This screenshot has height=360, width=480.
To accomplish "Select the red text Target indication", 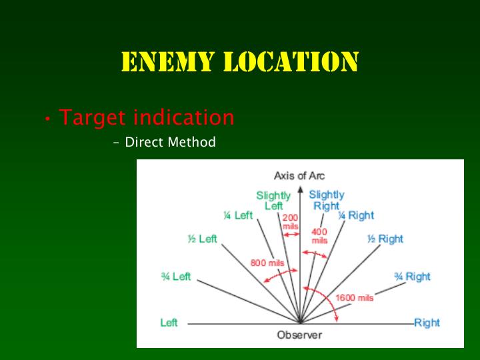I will click(x=147, y=117).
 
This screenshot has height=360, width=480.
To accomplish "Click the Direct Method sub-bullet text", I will click(x=170, y=142).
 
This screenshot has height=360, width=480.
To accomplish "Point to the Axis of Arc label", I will click(x=299, y=176).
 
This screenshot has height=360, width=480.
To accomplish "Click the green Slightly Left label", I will click(x=273, y=201).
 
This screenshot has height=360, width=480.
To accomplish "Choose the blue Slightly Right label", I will click(x=327, y=200).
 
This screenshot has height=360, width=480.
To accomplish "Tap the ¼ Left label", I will click(x=238, y=215).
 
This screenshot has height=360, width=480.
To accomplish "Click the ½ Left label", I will click(x=203, y=239).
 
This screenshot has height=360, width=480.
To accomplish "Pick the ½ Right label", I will click(x=385, y=239).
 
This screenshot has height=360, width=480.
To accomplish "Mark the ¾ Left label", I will click(x=176, y=277).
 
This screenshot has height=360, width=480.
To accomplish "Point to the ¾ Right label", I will click(x=412, y=277).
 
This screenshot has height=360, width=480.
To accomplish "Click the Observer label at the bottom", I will click(x=299, y=335).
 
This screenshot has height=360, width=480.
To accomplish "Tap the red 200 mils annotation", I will click(x=291, y=222).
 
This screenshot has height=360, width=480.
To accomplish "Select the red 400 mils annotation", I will click(x=319, y=236).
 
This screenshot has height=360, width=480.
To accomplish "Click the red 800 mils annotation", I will click(x=267, y=263).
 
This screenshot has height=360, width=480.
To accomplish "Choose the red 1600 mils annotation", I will click(x=355, y=298).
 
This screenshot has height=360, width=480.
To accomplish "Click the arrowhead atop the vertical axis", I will click(x=300, y=189).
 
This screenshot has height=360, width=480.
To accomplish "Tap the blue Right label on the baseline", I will click(x=427, y=323).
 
